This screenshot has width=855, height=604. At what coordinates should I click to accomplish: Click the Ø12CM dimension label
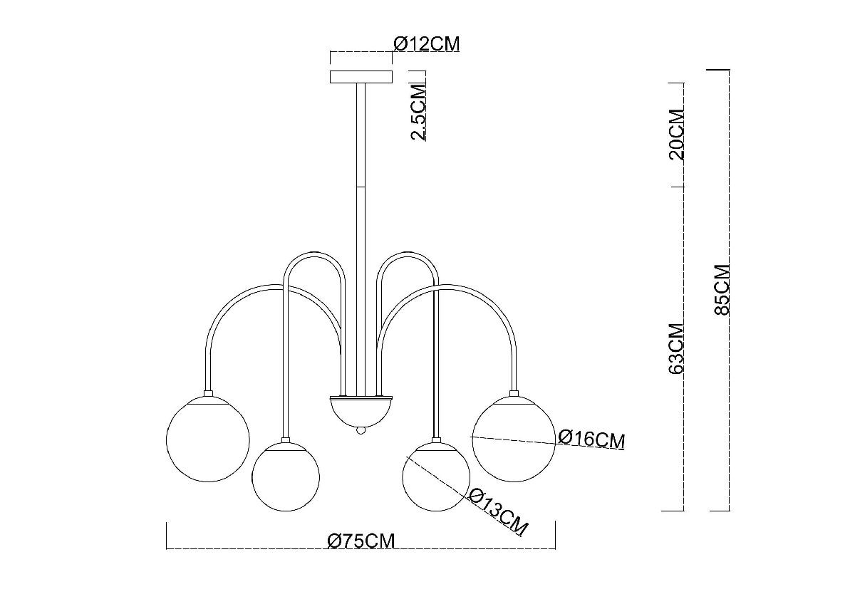point(426,44)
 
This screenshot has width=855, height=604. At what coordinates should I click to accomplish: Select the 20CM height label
point(677,134)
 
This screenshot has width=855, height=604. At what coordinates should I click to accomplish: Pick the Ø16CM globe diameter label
point(591,439)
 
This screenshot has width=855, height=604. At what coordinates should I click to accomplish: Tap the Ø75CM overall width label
point(361,541)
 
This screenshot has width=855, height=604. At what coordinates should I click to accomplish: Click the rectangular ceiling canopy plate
point(361,76)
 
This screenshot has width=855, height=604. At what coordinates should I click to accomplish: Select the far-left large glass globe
point(207,439)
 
